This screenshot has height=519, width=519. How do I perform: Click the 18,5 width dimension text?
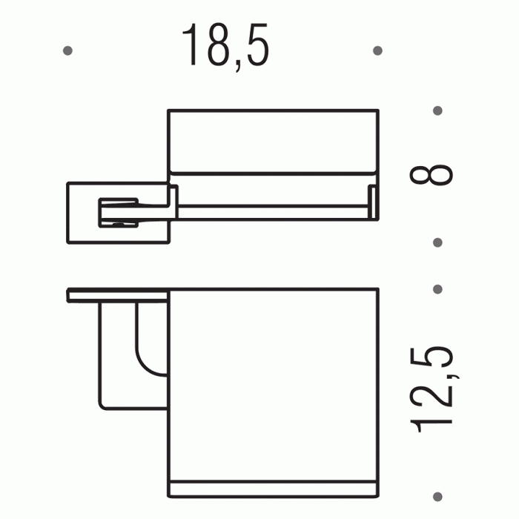tap(225, 46)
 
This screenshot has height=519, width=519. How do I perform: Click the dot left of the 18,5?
tap(68, 51)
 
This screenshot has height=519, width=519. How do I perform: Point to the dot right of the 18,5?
tap(377, 51)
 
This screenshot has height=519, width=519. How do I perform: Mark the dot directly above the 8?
tap(437, 111)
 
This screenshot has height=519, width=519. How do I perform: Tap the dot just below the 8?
tap(437, 242)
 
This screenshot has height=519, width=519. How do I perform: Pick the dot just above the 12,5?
tap(437, 289)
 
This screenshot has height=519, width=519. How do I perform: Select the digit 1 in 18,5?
tap(191, 46)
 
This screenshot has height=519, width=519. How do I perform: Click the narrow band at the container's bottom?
tap(274, 488)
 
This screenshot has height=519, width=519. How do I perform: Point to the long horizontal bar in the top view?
tap(274, 214)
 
